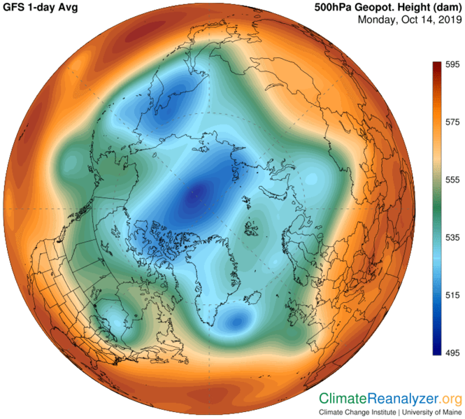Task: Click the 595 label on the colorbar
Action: pyautogui.click(x=452, y=64)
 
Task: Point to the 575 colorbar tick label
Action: pyautogui.click(x=452, y=122)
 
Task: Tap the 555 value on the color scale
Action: pyautogui.click(x=452, y=180)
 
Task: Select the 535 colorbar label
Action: pyautogui.click(x=452, y=238)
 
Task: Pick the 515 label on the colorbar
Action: pyautogui.click(x=452, y=296)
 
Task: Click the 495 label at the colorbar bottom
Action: pyautogui.click(x=452, y=353)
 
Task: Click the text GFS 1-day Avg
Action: pyautogui.click(x=41, y=8)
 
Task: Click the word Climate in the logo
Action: pyautogui.click(x=343, y=399)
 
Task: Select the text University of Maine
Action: pyautogui.click(x=431, y=412)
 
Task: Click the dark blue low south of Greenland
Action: pyautogui.click(x=236, y=322)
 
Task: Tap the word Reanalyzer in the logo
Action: pyautogui.click(x=403, y=399)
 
